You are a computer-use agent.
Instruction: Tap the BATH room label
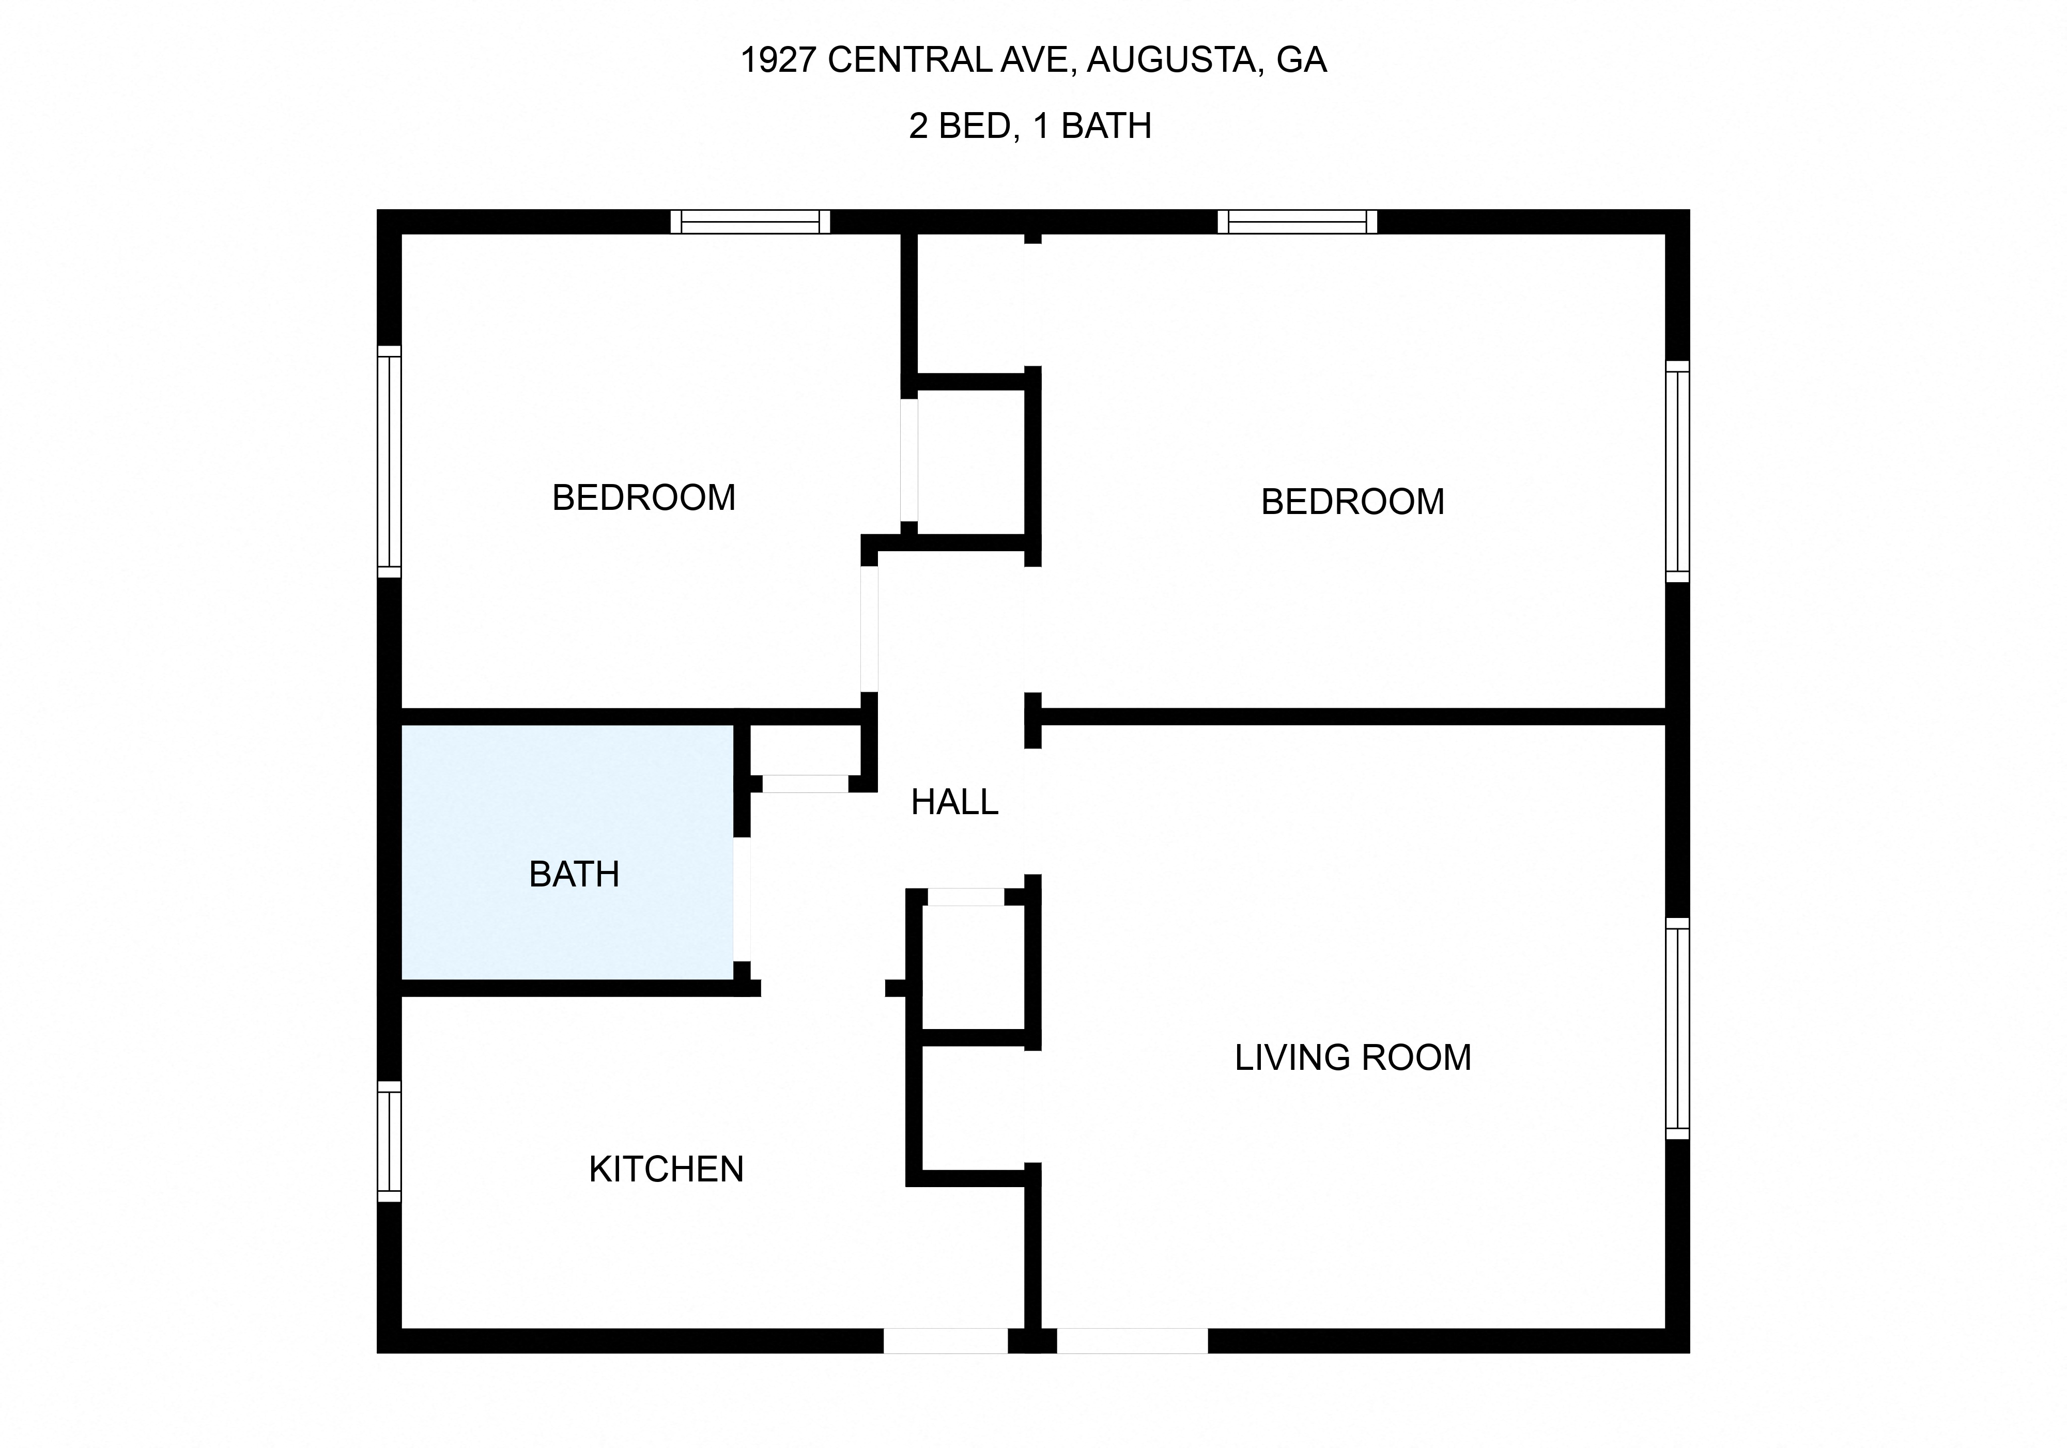574,875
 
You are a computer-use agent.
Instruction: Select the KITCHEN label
666,1169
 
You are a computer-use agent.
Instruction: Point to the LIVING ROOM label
1352,1057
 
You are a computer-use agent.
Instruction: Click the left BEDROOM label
644,497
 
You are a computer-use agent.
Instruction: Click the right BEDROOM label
1352,501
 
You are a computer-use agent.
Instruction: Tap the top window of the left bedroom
750,222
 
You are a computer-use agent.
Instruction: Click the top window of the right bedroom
1297,222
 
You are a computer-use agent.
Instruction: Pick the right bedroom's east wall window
1677,472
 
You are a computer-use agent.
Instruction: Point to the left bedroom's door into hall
869,628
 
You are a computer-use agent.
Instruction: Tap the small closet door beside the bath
805,783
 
